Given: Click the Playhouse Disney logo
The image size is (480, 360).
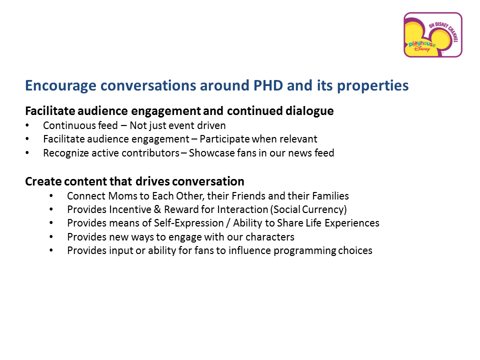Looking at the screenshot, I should coord(432,35).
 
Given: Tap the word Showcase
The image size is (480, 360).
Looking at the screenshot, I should coord(209,153).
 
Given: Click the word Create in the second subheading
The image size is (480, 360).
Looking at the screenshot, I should coord(41,181).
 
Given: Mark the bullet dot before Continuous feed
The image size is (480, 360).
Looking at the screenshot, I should coord(27,126).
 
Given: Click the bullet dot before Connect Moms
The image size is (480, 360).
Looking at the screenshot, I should coord(51,196).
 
